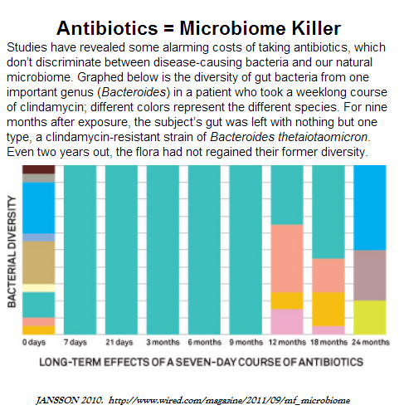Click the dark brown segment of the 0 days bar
point(39,169)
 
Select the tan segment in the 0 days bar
point(39,262)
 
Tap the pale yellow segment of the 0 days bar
point(39,288)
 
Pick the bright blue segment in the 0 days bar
point(39,207)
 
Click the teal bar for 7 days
point(80,250)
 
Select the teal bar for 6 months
point(204,250)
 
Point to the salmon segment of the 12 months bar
point(287,258)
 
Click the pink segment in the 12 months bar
point(287,322)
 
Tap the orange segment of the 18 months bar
point(329,310)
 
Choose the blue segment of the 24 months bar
point(370,207)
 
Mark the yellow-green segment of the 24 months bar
point(370,318)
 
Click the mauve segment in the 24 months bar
point(370,276)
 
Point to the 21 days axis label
point(119,343)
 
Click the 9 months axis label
point(246,343)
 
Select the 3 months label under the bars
point(163,343)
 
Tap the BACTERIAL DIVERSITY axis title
point(12,251)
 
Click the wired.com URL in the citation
point(229,401)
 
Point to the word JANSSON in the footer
point(57,400)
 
